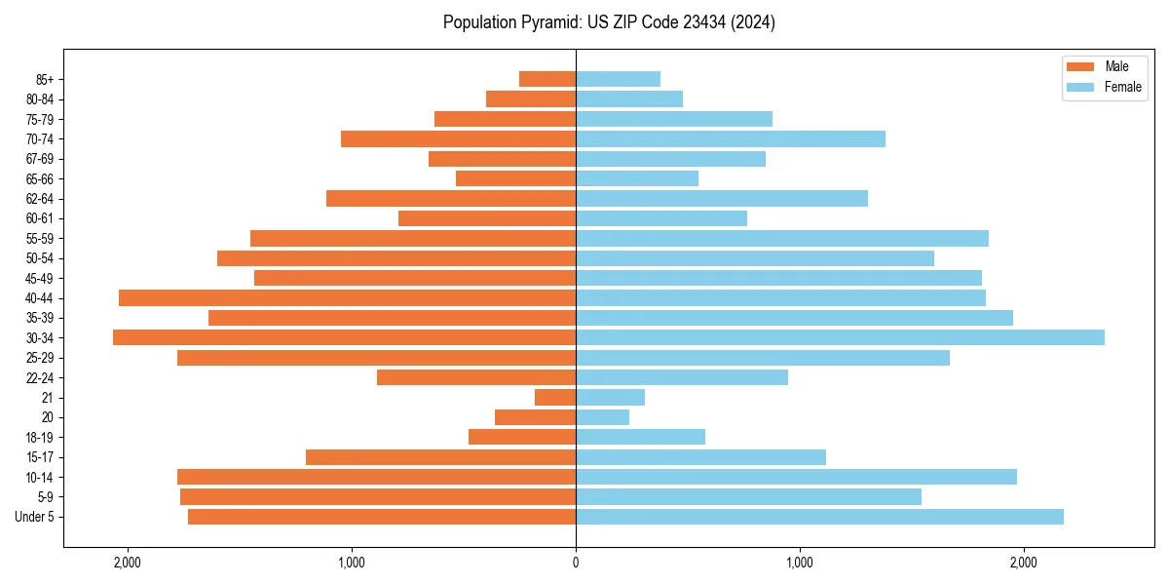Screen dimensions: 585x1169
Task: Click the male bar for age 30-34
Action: [x=344, y=337]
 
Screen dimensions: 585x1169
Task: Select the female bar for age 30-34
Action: [x=840, y=337]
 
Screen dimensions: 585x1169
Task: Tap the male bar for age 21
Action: [x=555, y=397]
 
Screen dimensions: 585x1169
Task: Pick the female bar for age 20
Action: [x=602, y=417]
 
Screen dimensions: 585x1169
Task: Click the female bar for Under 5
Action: [x=819, y=517]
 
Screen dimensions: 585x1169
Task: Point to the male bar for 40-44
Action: [x=347, y=297]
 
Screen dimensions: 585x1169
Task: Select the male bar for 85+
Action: [x=547, y=79]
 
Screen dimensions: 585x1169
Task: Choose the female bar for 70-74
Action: [x=731, y=138]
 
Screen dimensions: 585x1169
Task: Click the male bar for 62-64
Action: [x=451, y=198]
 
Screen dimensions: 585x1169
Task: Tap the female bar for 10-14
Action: [x=796, y=477]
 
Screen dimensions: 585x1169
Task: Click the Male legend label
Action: [x=1116, y=66]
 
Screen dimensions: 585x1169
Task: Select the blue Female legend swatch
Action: [x=1081, y=87]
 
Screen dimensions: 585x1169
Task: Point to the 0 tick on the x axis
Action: [x=576, y=562]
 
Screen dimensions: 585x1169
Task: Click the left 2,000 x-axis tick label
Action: [x=128, y=562]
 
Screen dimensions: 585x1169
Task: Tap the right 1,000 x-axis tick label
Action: [x=799, y=562]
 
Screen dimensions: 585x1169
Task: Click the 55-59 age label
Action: [x=40, y=238]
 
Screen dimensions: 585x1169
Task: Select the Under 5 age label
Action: [x=35, y=517]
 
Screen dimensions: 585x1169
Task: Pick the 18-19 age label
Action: [x=40, y=437]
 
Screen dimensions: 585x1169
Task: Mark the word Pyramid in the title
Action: [x=545, y=22]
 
